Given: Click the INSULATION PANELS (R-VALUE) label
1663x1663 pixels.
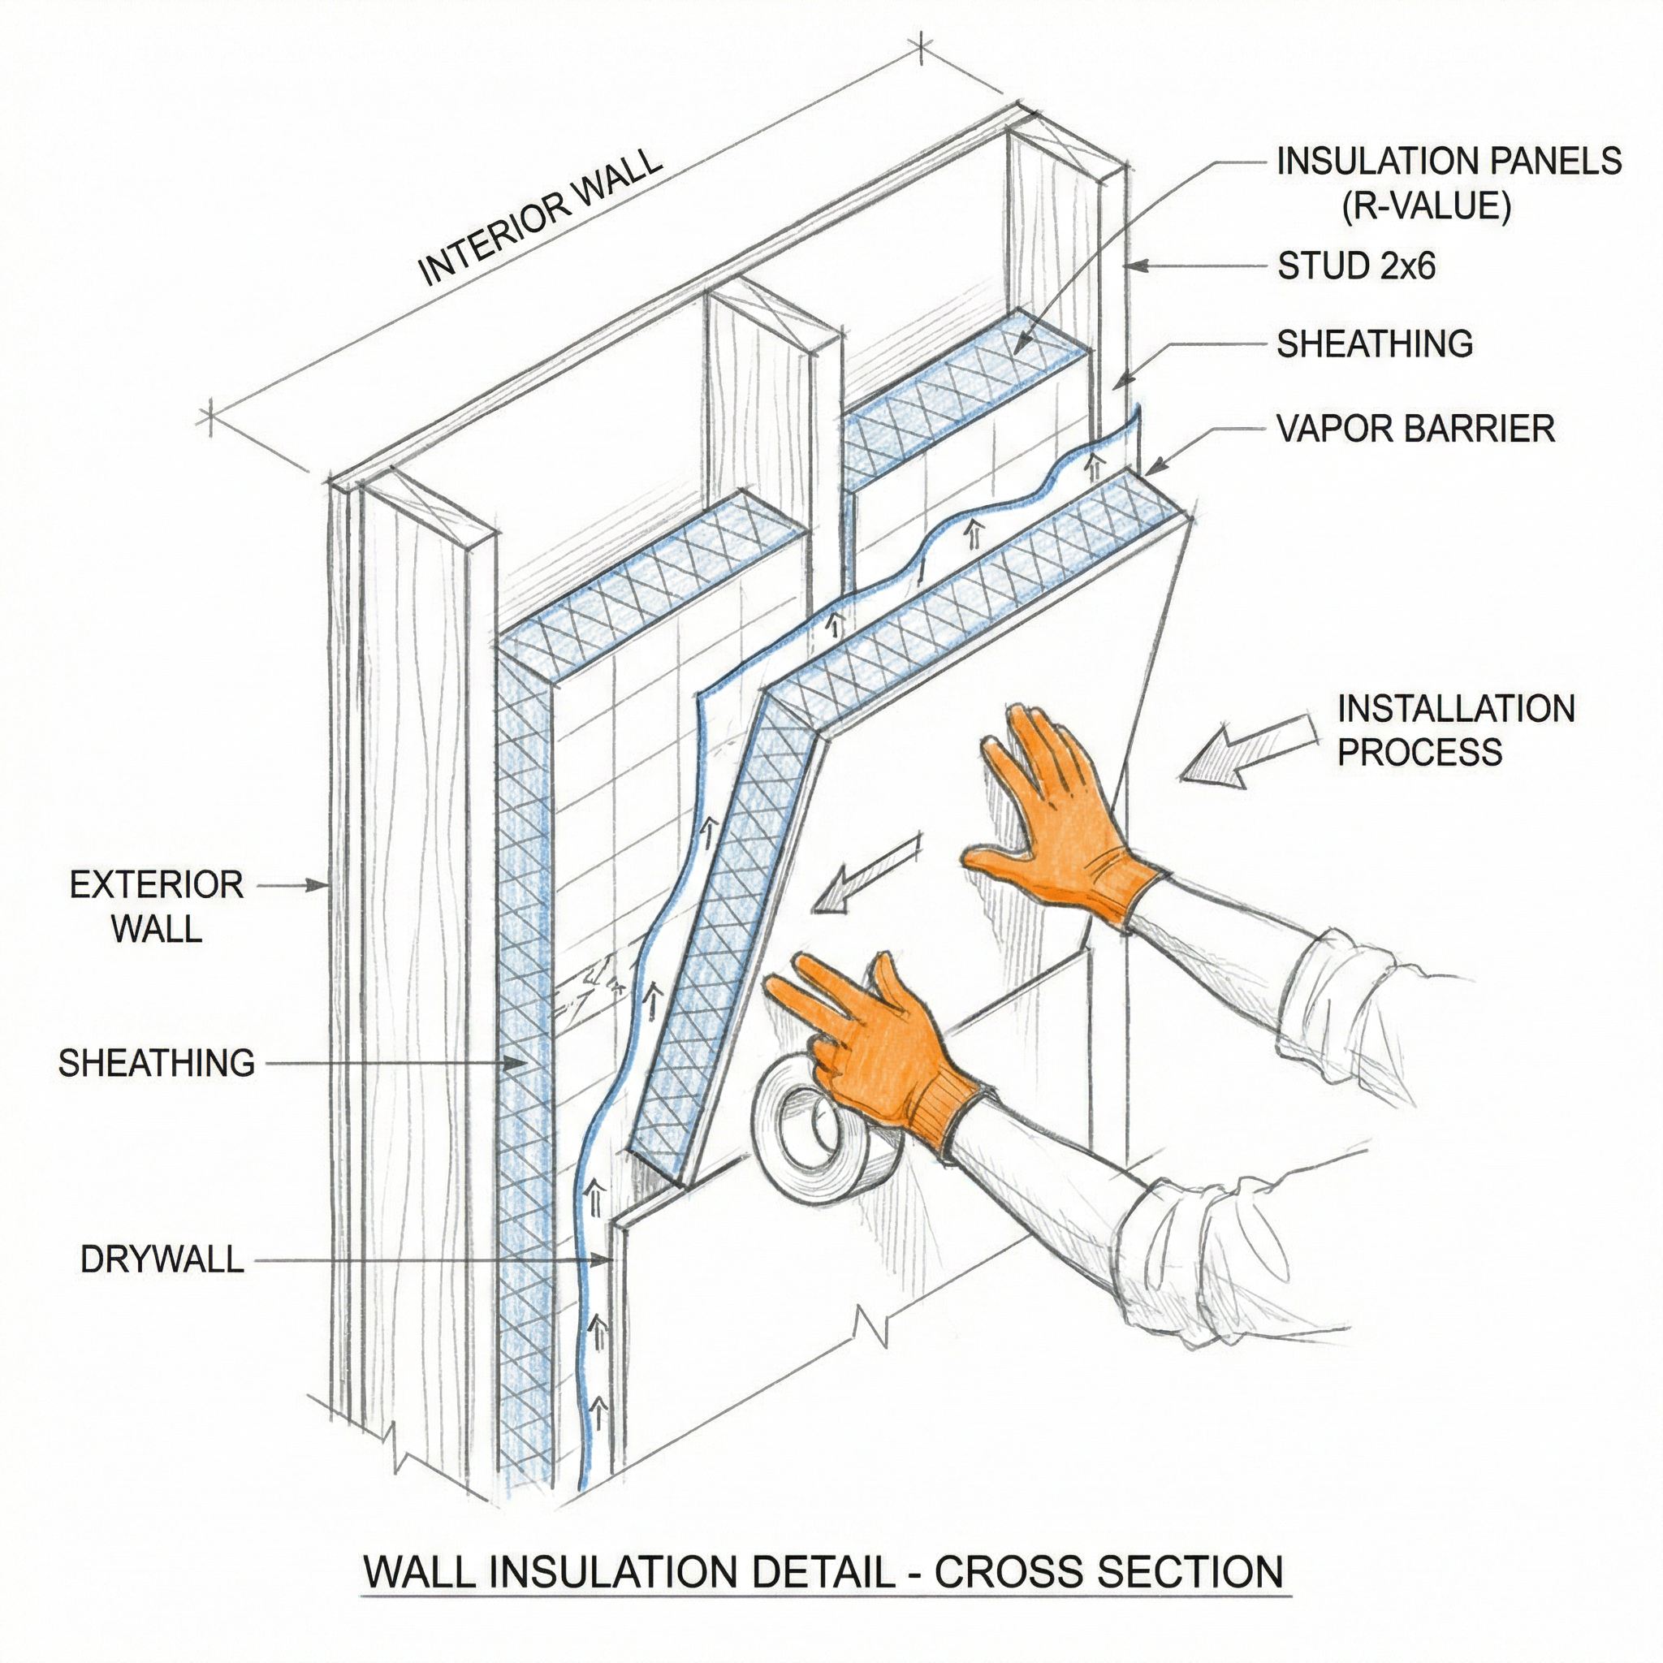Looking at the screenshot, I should pyautogui.click(x=1447, y=184).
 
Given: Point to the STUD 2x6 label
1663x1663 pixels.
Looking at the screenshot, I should pyautogui.click(x=1356, y=267).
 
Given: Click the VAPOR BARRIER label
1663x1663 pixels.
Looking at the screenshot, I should pyautogui.click(x=1415, y=429).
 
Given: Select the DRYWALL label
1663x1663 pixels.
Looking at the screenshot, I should pyautogui.click(x=162, y=1260).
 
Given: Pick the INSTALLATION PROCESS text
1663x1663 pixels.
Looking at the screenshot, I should pyautogui.click(x=1454, y=731).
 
